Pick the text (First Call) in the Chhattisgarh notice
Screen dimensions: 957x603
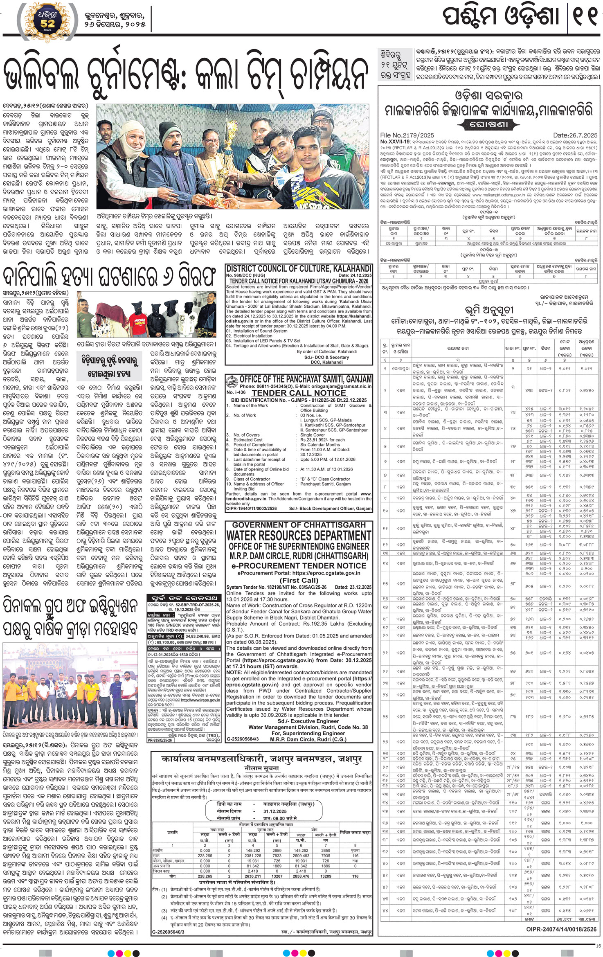[299, 580]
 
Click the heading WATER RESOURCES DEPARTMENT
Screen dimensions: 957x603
[299, 536]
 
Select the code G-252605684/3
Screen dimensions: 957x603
[243, 750]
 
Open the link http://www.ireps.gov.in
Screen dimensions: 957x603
[205, 700]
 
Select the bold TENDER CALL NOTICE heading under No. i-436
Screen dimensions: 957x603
[299, 393]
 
